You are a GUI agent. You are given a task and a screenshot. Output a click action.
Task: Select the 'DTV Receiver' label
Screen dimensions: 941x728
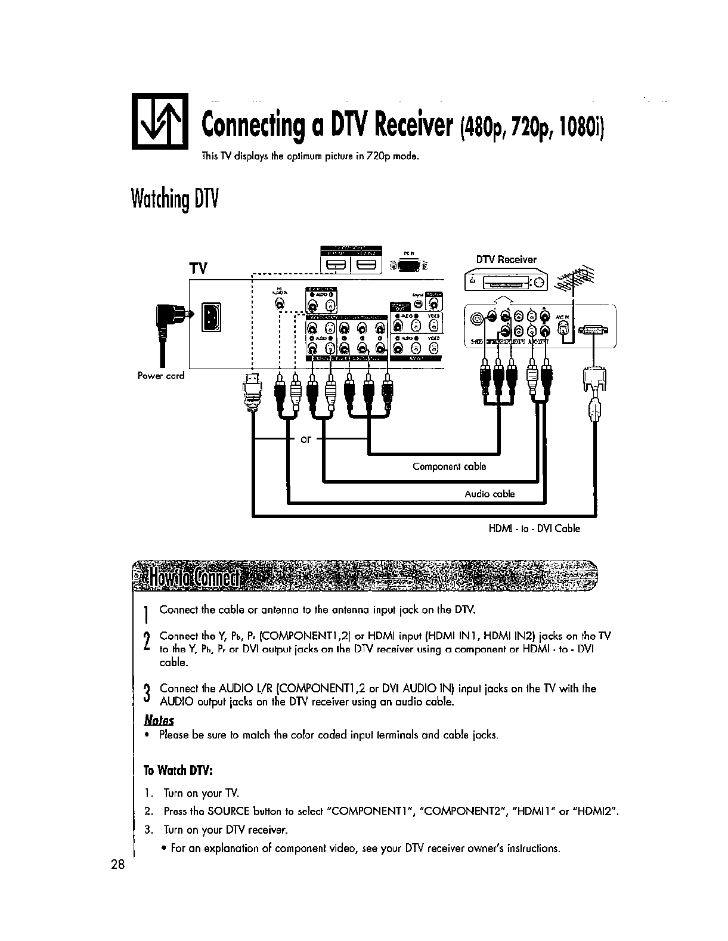506,259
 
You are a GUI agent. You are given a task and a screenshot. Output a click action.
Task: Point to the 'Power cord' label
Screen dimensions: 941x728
161,376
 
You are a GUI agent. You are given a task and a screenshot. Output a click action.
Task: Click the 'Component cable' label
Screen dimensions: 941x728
450,466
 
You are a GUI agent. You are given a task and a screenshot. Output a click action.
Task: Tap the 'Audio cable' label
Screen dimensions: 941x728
490,494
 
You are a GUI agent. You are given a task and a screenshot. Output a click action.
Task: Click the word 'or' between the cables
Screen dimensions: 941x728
306,439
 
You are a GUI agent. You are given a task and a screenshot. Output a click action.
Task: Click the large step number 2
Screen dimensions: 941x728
147,642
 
